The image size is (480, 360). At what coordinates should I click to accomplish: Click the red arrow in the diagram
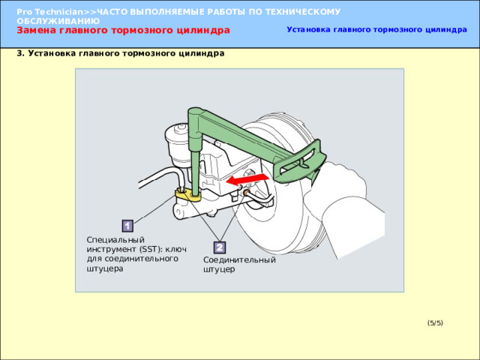tap(247, 179)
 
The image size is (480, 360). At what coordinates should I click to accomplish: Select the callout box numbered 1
tap(127, 226)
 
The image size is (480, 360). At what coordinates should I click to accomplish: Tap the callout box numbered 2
tap(219, 247)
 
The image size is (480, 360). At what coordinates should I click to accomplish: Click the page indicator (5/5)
tap(435, 323)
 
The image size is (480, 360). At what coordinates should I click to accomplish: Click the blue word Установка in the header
tap(308, 30)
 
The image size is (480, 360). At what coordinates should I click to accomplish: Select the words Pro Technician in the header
tap(50, 12)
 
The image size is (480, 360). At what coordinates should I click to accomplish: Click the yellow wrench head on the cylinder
tap(187, 195)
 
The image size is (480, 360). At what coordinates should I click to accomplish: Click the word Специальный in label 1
tap(115, 240)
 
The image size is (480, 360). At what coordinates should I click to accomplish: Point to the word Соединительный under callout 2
tap(239, 260)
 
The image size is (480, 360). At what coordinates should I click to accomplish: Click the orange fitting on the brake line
tap(245, 193)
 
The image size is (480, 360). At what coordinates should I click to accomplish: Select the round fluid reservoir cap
tap(177, 131)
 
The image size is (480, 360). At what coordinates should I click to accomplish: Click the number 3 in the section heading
tap(19, 53)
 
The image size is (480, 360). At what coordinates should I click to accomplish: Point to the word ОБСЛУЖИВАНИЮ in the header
tap(58, 21)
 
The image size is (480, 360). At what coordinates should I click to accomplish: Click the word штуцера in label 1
tap(105, 268)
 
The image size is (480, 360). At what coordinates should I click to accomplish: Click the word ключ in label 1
tap(175, 249)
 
